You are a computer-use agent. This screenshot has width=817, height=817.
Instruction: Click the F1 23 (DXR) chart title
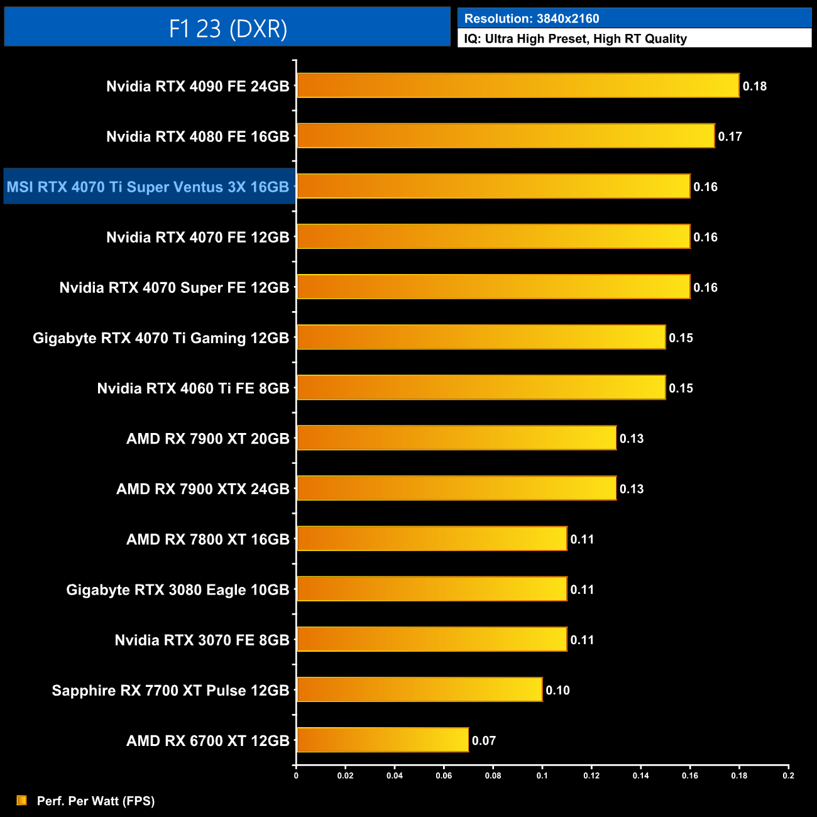228,28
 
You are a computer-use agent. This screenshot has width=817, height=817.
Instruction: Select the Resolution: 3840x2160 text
531,18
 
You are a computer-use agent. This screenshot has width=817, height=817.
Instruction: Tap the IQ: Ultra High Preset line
575,38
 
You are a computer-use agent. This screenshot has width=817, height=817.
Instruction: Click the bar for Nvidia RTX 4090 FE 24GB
517,85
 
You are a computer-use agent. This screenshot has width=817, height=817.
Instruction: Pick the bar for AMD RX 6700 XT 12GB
382,740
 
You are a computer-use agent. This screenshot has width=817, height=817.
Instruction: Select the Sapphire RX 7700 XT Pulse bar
419,689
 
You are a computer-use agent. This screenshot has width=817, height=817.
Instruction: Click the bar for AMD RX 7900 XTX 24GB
456,488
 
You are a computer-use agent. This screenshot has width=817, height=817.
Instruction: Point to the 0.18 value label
754,86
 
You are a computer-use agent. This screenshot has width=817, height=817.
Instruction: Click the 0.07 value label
483,740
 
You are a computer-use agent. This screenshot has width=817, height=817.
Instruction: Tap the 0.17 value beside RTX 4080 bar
730,136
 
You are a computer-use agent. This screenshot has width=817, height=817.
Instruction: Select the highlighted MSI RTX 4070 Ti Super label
148,187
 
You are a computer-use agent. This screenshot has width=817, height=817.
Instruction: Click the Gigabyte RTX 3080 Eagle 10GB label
178,589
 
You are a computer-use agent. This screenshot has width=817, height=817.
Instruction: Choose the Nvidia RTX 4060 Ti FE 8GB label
193,388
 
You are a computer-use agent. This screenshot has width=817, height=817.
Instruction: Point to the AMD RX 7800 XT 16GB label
207,539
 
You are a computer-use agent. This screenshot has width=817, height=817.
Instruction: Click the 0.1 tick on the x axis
542,776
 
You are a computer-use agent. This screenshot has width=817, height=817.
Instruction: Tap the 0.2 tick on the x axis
788,776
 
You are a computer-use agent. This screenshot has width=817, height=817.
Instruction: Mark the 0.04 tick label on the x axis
395,776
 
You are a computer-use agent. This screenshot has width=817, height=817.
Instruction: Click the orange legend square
22,800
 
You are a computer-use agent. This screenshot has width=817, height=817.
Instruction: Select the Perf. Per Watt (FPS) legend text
96,801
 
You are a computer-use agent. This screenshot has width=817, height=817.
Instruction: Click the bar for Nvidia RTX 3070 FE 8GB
432,639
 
